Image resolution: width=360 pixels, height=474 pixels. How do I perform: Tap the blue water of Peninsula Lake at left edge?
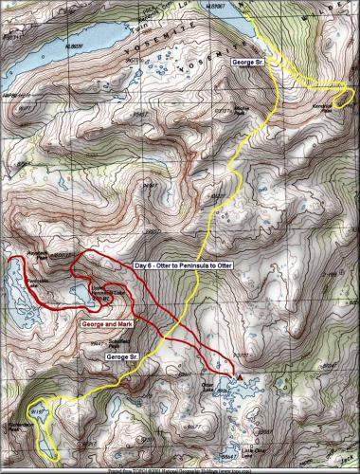(x=11, y=281)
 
